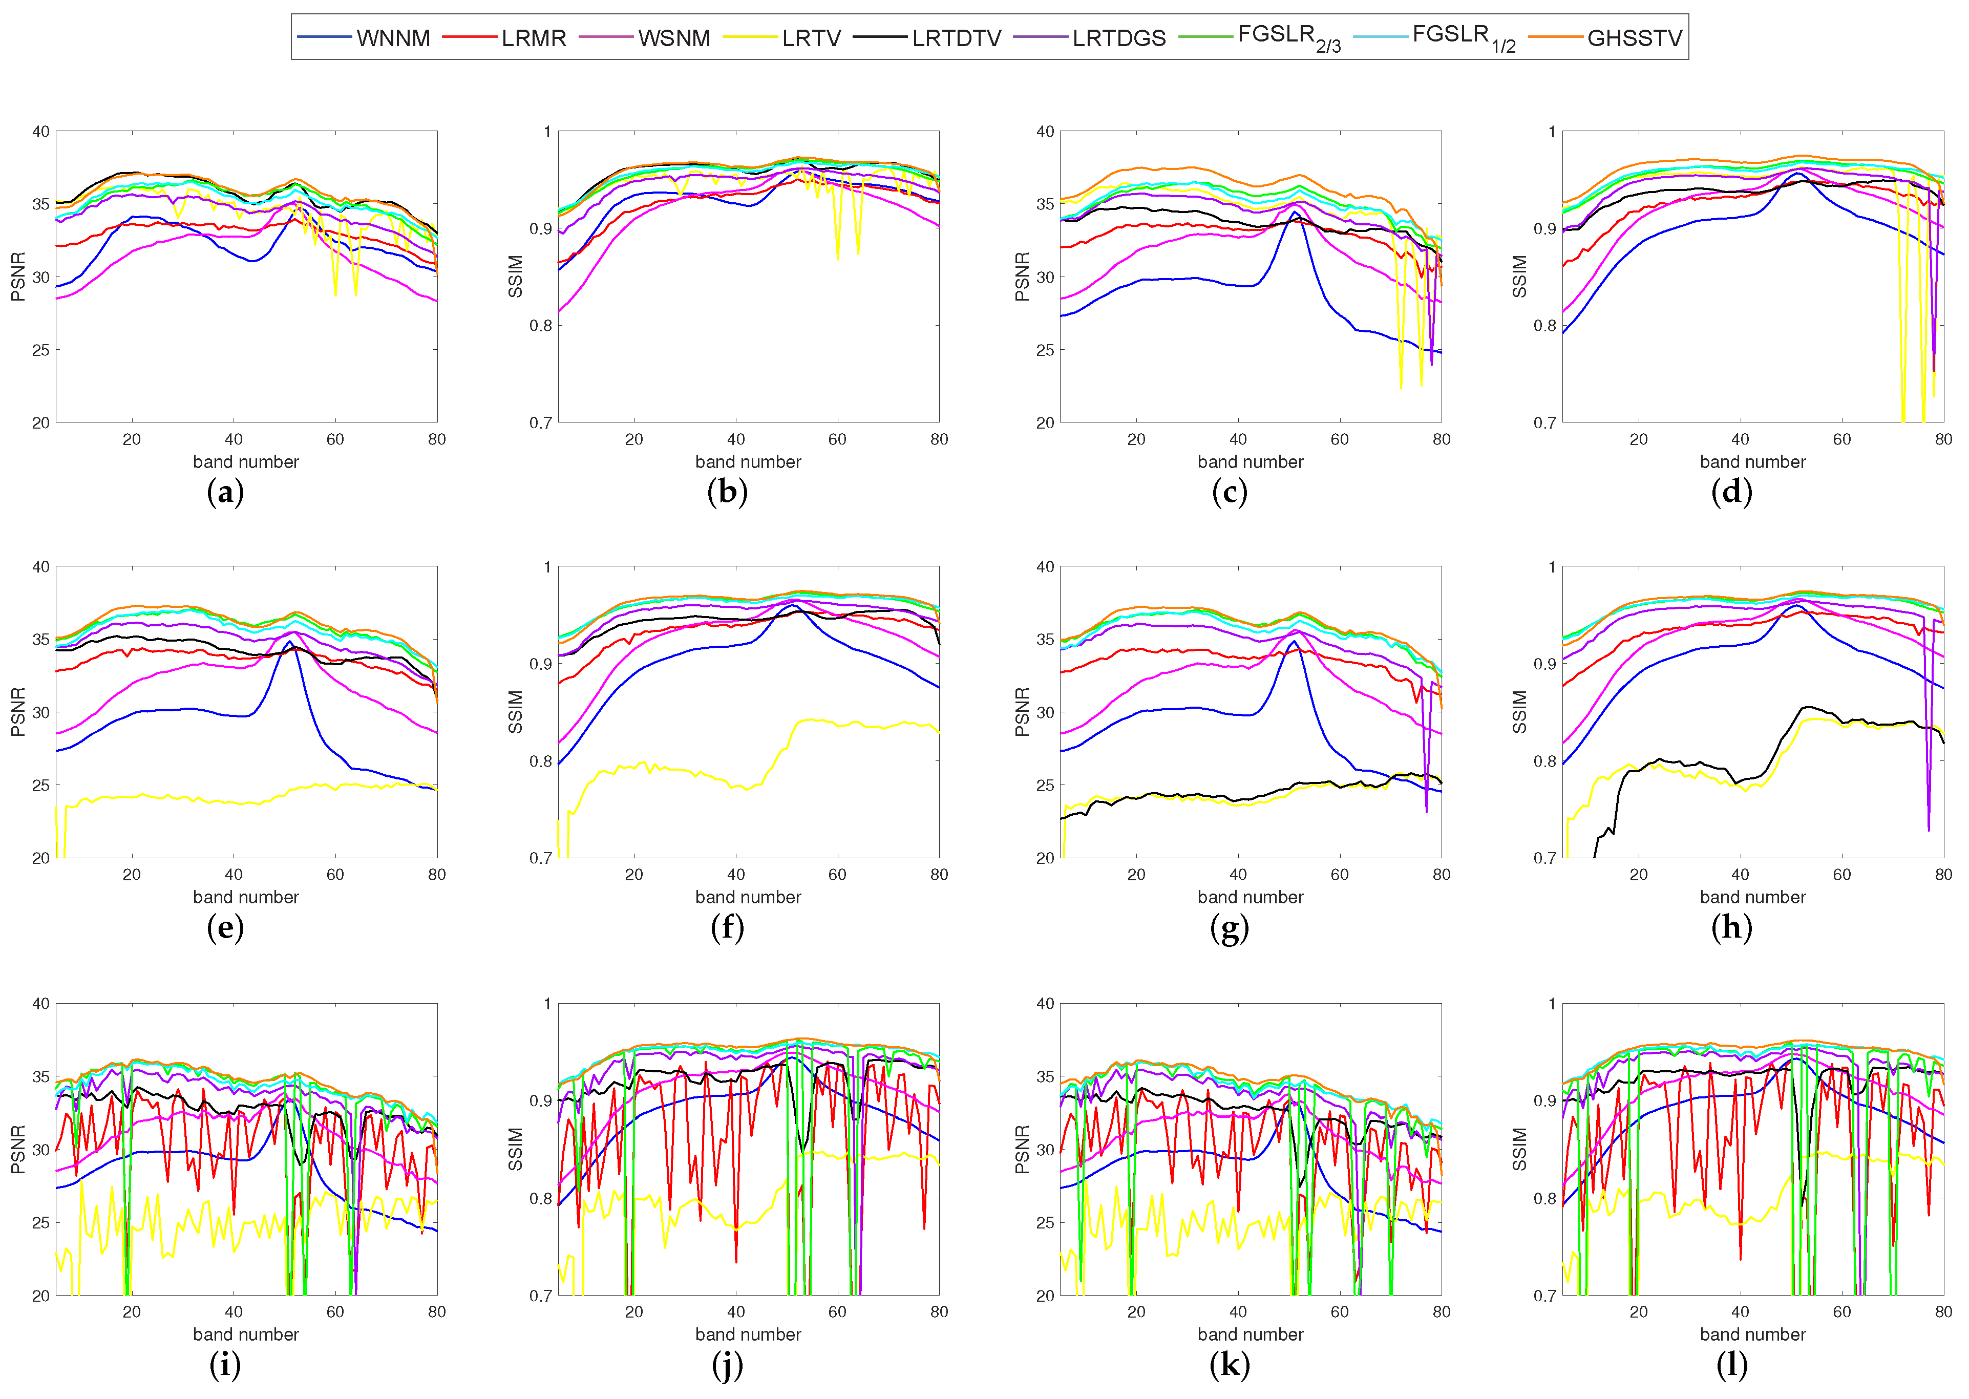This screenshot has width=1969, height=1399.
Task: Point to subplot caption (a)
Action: pos(226,493)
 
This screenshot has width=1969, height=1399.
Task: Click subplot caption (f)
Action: pos(727,928)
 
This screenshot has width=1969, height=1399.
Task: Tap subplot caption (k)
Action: pos(1229,1365)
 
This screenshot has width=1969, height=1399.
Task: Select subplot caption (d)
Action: pos(1731,493)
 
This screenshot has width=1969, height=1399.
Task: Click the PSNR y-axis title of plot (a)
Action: pos(18,277)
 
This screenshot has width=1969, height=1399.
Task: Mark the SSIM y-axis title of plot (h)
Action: pos(1520,712)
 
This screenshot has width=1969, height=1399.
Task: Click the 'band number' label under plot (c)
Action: pos(1250,462)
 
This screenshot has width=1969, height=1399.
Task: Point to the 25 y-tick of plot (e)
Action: pos(40,786)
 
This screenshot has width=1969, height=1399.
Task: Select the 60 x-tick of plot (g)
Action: pos(1339,875)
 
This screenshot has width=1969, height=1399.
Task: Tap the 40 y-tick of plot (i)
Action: pos(40,1004)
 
